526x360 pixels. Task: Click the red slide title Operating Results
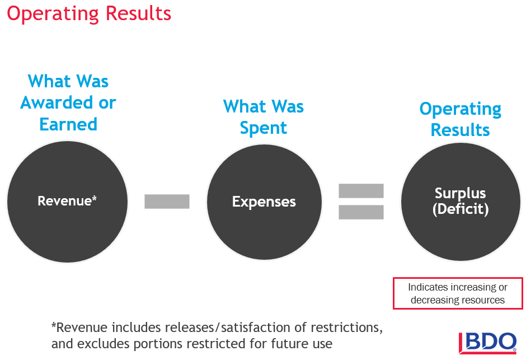pyautogui.click(x=89, y=14)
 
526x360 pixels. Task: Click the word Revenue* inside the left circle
pyautogui.click(x=67, y=200)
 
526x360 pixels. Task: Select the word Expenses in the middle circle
pyautogui.click(x=264, y=202)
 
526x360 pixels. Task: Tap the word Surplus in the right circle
pyautogui.click(x=460, y=194)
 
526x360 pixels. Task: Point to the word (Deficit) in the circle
pyautogui.click(x=460, y=209)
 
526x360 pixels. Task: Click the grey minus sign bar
pyautogui.click(x=167, y=202)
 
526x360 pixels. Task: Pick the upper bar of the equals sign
pyautogui.click(x=361, y=191)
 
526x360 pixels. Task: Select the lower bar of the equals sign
pyautogui.click(x=361, y=212)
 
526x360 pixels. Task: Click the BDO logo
pyautogui.click(x=487, y=343)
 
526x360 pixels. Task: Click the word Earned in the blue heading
pyautogui.click(x=68, y=124)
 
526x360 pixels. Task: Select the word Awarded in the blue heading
pyautogui.click(x=57, y=102)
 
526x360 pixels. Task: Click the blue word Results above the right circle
pyautogui.click(x=460, y=130)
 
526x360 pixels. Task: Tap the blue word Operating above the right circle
pyautogui.click(x=460, y=109)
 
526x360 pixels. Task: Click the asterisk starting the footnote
pyautogui.click(x=54, y=325)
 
